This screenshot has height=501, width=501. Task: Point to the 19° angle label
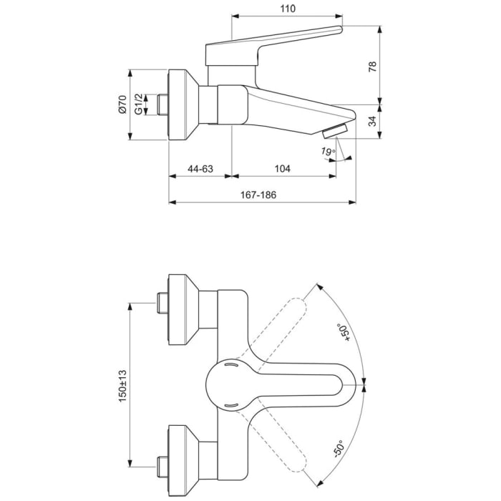pos(328,151)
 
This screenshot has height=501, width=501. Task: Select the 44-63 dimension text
pos(200,168)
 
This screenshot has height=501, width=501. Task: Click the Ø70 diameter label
pos(122,105)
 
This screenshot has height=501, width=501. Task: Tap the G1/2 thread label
pos(140,105)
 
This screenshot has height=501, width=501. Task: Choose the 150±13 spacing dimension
pos(122,384)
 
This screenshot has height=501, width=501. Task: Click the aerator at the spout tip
pos(334,130)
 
